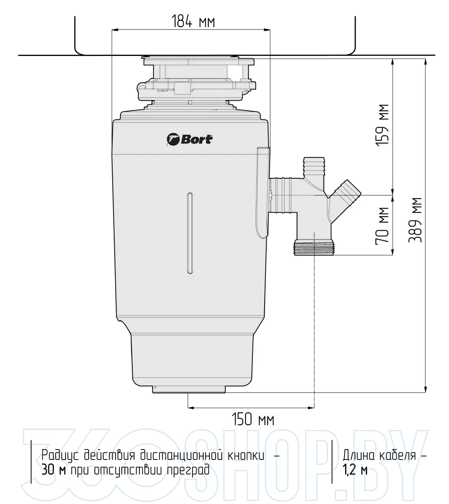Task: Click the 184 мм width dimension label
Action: pyautogui.click(x=193, y=21)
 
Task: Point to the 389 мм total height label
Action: pyautogui.click(x=416, y=220)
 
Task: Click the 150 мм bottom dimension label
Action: pyautogui.click(x=253, y=419)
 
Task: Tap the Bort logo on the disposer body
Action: pyautogui.click(x=190, y=139)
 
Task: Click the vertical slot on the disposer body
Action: pyautogui.click(x=190, y=233)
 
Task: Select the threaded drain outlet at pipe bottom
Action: pyautogui.click(x=314, y=247)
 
